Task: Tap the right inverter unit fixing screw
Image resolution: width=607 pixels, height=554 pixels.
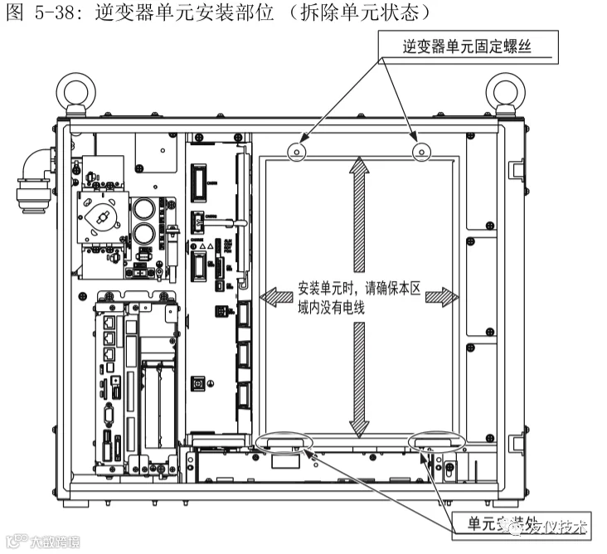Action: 420,151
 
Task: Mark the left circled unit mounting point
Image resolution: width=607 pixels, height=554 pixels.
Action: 284,443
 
